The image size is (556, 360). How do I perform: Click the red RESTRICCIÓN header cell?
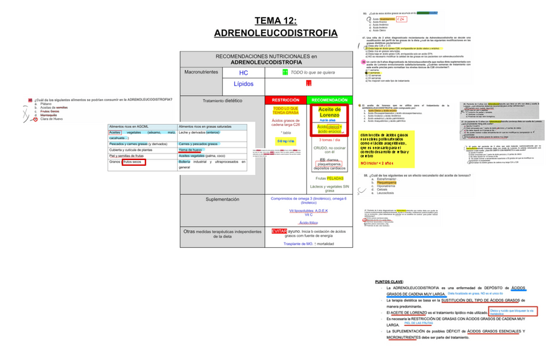point(285,100)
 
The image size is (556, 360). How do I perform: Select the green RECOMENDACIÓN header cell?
point(330,100)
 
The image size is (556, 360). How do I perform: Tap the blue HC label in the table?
point(243,73)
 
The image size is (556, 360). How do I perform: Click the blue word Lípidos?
point(243,84)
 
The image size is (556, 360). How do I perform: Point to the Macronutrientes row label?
point(201,72)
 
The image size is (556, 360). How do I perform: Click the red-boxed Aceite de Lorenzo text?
point(329,112)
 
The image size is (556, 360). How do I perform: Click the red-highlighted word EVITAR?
point(279,231)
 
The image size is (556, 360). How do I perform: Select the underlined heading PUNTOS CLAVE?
point(390,281)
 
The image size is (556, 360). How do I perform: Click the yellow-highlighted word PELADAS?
point(336,178)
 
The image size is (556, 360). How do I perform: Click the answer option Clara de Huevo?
point(52,119)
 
